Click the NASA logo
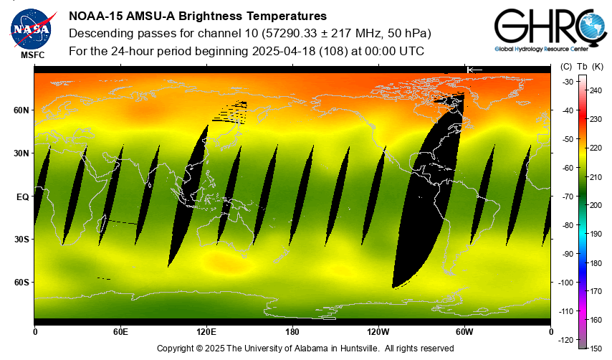[32, 28]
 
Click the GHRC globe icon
[591, 29]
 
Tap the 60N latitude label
[21, 110]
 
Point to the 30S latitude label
[21, 240]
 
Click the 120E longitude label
[206, 332]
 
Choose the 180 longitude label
[292, 332]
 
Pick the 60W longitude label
[464, 332]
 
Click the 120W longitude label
[378, 332]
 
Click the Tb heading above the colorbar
[582, 67]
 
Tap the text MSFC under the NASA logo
[32, 55]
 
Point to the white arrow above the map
[474, 70]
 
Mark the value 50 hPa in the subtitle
[411, 34]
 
